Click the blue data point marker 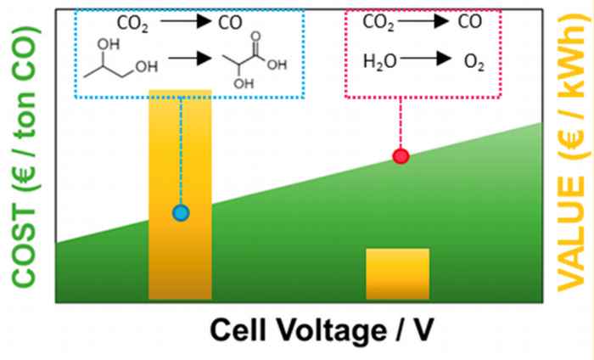pos(181,213)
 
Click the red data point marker pos(401,156)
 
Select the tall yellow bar pos(180,194)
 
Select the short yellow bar pos(398,274)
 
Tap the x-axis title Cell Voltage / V pos(322,330)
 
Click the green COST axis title pos(25,156)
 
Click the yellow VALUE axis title pos(573,152)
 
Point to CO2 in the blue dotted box pos(132,24)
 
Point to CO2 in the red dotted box pos(378,22)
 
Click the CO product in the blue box pos(230,23)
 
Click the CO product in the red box pos(470,21)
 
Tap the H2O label pos(380,61)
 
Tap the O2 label pos(474,62)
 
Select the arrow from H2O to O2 pos(425,59)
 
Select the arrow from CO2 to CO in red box pos(423,21)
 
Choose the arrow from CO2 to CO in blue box pos(186,21)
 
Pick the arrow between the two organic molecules pos(190,58)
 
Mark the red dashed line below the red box pos(401,123)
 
